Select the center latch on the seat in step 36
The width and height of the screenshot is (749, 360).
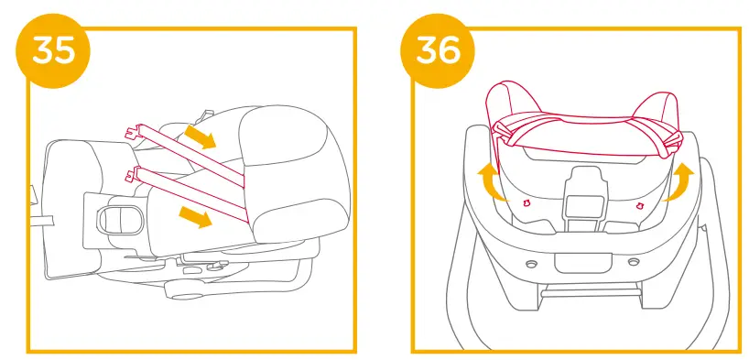coord(583,193)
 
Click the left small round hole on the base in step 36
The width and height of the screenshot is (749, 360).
coord(531,262)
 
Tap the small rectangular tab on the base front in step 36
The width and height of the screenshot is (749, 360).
coord(582,261)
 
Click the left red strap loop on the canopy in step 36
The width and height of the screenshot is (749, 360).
coord(507,134)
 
